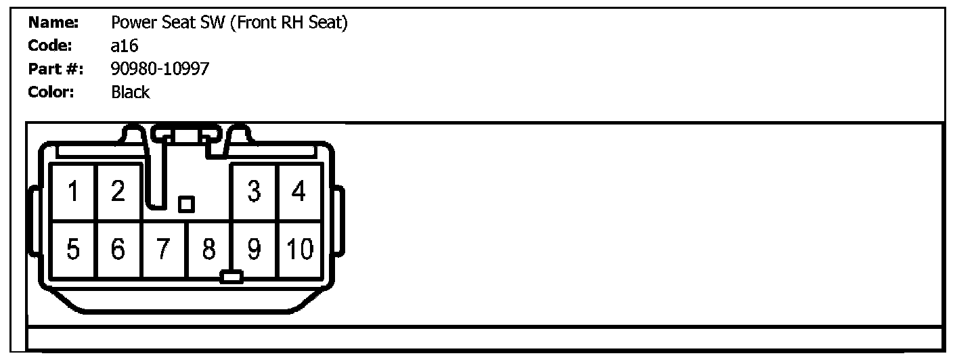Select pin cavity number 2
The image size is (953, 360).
coord(119,193)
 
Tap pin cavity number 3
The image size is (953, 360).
coord(254,193)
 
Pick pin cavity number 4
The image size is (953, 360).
coord(298,193)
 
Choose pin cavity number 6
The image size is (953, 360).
coord(119,250)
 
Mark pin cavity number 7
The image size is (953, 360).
coord(164,250)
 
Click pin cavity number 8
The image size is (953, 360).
coord(208,250)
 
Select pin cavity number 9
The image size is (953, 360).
coord(254,250)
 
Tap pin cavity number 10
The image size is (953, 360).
coord(298,250)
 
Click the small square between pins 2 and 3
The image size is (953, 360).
coord(185,204)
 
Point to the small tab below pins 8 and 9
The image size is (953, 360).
coord(231,277)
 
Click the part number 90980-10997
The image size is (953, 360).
coord(160,69)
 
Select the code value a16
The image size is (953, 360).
coord(125,47)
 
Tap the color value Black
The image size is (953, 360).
coord(130,93)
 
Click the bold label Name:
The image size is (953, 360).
coord(53,23)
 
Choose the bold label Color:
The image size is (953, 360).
coord(51,93)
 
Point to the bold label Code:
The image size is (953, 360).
coord(49,47)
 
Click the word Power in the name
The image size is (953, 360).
coord(130,23)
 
